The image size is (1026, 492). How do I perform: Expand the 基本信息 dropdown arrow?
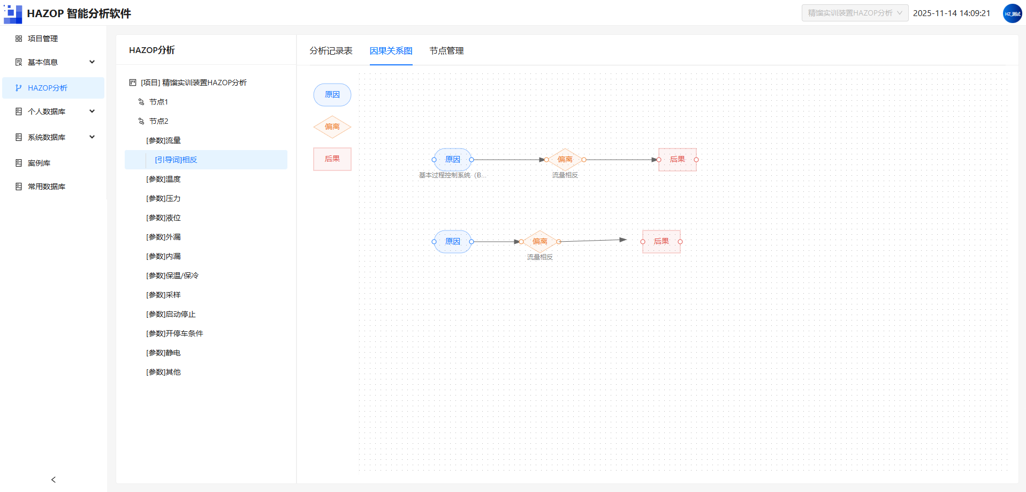pos(92,62)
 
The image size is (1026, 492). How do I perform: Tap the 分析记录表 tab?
pos(331,50)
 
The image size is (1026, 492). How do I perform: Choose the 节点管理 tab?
pos(446,50)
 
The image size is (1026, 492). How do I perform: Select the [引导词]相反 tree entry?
pos(176,160)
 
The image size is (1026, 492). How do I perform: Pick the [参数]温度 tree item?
pos(163,179)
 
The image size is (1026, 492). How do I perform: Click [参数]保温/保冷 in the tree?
pos(172,275)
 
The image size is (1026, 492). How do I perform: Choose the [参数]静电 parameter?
pos(163,353)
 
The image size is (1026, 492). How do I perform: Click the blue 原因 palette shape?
pos(332,95)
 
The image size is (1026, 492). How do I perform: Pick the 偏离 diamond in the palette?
pos(332,127)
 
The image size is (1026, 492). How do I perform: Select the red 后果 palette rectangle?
pos(332,159)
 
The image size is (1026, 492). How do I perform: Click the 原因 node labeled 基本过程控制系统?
pos(453,160)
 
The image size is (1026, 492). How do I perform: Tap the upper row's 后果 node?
pos(678,160)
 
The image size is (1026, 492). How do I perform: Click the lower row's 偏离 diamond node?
pos(540,242)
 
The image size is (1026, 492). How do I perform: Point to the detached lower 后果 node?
pos(662,242)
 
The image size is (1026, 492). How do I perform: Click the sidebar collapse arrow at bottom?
pos(54,480)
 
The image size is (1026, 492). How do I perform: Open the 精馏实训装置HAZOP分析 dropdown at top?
pos(855,13)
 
